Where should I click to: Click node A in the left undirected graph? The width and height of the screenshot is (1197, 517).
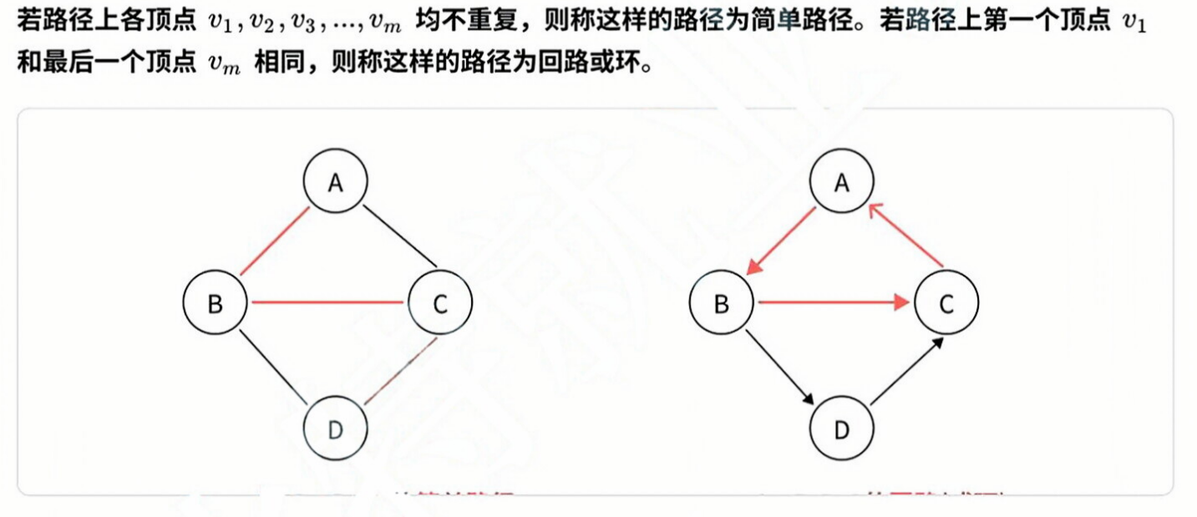click(x=336, y=182)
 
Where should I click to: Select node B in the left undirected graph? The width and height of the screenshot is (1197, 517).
click(x=216, y=303)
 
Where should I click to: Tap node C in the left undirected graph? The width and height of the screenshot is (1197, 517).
click(x=440, y=303)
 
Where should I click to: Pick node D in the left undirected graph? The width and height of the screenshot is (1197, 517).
click(x=336, y=429)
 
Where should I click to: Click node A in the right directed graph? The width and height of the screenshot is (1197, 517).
click(x=842, y=182)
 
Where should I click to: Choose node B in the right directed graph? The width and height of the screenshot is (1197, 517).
click(x=722, y=303)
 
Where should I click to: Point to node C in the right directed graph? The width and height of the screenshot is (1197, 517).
click(x=946, y=303)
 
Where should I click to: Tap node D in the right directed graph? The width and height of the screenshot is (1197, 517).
click(x=842, y=429)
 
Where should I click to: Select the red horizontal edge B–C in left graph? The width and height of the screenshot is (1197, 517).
click(x=327, y=302)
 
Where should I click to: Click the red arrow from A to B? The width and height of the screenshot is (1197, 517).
click(x=782, y=241)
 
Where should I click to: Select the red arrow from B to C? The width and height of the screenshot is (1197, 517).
click(x=832, y=303)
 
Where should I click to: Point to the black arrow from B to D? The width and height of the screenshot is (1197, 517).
click(x=779, y=366)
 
